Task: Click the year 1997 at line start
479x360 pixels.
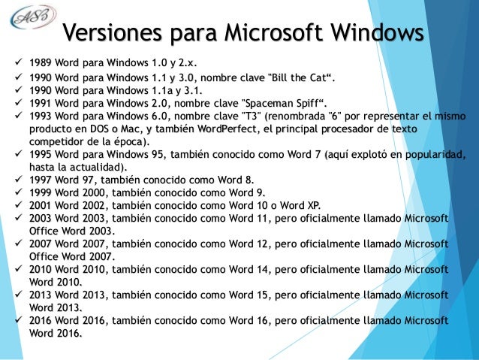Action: click(x=37, y=180)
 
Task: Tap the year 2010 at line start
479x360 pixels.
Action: click(x=37, y=269)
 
